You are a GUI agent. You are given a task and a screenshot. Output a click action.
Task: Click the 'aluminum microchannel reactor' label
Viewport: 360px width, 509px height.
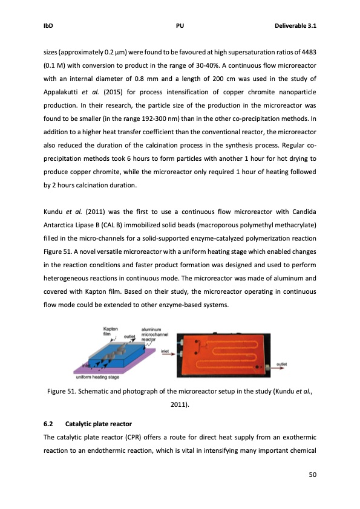tap(154, 335)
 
